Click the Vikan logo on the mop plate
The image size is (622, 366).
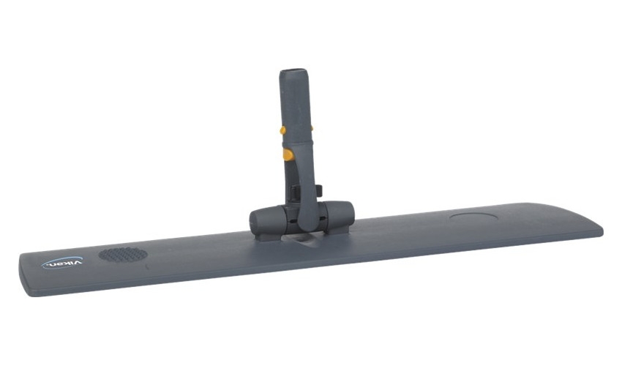click(62, 263)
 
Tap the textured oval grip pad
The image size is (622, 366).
click(123, 255)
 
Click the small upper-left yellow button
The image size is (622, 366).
click(283, 130)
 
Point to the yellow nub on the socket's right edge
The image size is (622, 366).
click(312, 128)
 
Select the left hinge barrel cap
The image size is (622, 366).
click(263, 217)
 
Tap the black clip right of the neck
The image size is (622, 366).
click(320, 189)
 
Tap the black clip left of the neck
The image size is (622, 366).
click(293, 192)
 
